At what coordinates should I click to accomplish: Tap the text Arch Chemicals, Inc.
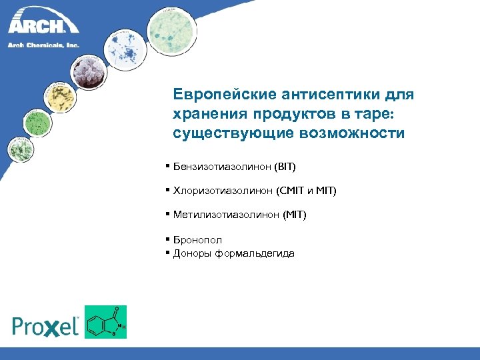(43, 45)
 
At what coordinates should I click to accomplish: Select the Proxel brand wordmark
(45, 325)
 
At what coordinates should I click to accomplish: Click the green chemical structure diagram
(105, 322)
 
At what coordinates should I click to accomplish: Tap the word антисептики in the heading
(327, 95)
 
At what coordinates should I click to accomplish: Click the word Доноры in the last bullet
(192, 253)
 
